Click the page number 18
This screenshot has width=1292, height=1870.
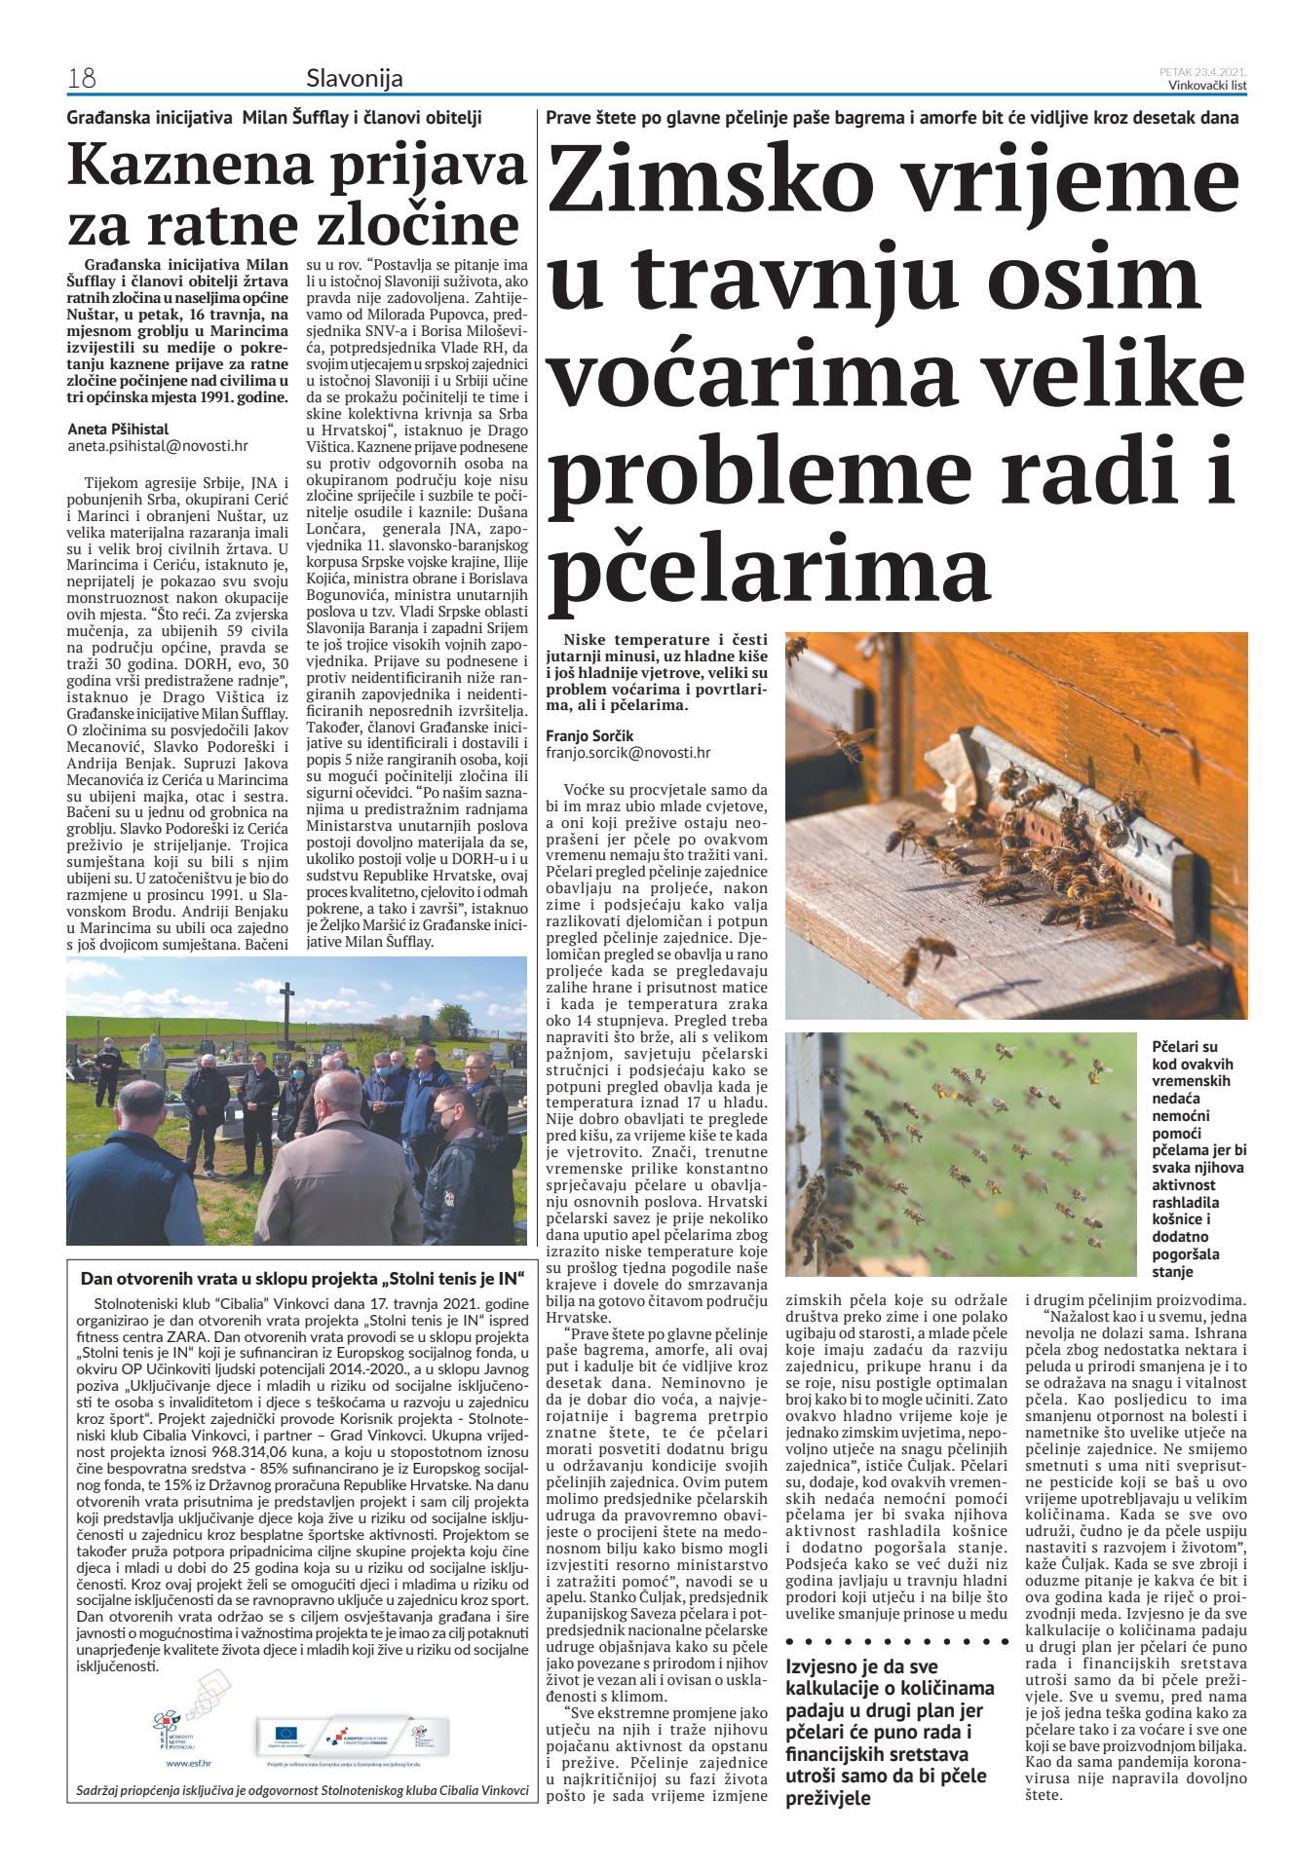point(81,78)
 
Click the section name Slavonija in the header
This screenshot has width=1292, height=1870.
point(354,78)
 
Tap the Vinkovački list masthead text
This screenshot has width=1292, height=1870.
point(1207,85)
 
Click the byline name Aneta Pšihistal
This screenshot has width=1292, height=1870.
point(118,429)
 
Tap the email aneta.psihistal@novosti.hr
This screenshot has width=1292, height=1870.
point(158,446)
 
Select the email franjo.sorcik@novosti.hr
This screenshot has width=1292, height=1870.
point(627,753)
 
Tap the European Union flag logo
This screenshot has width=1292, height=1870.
point(286,1733)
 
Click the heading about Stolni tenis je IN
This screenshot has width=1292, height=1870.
point(302,1278)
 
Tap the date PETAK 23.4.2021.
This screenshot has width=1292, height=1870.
point(1203,72)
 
